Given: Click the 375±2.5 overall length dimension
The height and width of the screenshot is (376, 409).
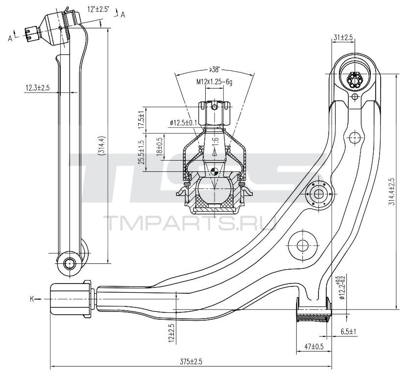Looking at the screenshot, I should [191, 362].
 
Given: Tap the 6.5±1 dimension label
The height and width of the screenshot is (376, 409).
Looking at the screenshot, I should [349, 332].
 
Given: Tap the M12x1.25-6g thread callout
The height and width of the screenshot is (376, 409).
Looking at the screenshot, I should [215, 82].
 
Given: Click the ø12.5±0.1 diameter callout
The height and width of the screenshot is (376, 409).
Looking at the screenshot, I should [183, 122].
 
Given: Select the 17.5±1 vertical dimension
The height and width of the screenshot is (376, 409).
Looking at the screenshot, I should [141, 119].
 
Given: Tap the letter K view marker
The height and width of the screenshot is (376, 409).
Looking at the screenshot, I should [32, 299].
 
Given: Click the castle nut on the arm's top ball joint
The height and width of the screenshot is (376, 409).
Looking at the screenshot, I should [354, 79].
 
